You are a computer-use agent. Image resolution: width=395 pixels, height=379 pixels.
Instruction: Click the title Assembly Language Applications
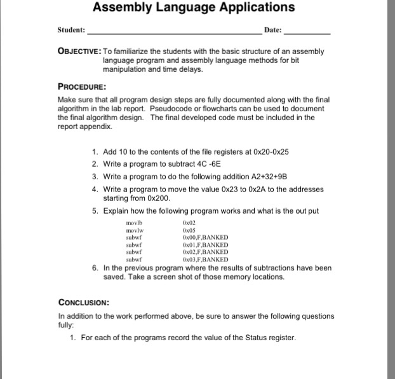tap(193, 8)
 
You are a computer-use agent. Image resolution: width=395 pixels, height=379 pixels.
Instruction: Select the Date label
tap(272, 31)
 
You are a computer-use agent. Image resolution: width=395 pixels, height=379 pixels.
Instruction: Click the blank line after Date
tap(307, 32)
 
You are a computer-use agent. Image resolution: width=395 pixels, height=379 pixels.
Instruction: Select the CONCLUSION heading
tap(84, 303)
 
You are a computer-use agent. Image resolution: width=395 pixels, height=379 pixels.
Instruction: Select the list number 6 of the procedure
tap(95, 268)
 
